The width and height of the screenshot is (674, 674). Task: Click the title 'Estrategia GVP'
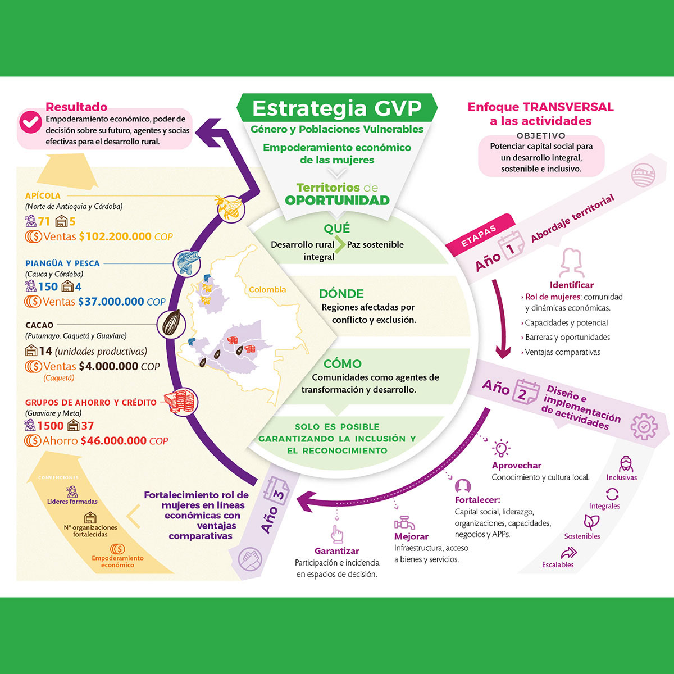pos(336,108)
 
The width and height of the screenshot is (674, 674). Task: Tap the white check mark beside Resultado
pos(30,122)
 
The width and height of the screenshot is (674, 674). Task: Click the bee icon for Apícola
pos(230,208)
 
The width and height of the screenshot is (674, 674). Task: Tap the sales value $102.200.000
pos(115,236)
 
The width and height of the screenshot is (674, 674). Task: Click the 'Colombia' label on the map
pos(267,290)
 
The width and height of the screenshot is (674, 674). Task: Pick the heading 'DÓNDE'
pos(341,293)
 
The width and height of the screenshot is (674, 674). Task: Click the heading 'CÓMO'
pos(342,363)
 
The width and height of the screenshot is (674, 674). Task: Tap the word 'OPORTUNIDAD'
pos(337,201)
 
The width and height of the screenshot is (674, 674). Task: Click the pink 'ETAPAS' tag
pos(479,236)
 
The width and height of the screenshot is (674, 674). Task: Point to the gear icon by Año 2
pos(643,426)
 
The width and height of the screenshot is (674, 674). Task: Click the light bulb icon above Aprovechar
pos(500,448)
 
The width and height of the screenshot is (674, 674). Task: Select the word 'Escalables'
pos(558,564)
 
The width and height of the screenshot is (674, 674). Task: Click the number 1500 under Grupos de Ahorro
pos(51,426)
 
